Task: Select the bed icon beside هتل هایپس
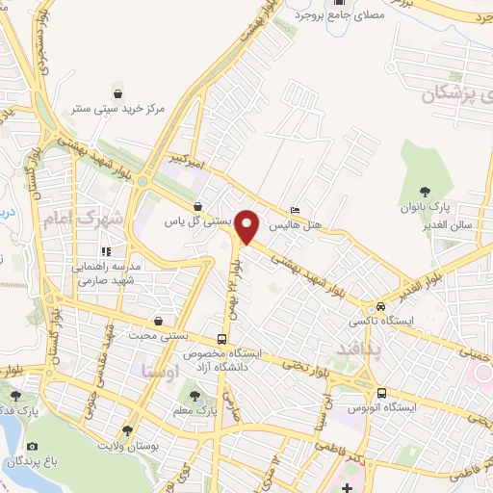point(295,210)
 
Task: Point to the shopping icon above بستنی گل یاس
point(197,205)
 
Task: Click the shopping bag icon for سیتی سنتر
point(117,94)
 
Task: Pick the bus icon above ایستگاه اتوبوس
point(382,393)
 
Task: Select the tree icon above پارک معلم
point(196,396)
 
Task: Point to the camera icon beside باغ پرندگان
point(33,447)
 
